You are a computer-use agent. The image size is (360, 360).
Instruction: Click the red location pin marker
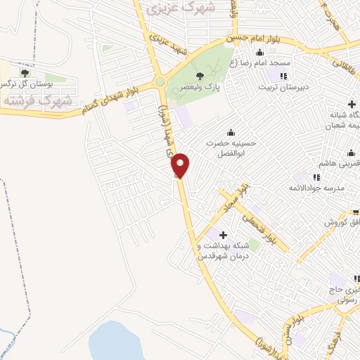click(x=181, y=165)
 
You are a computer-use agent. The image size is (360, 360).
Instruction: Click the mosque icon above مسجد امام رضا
click(x=259, y=52)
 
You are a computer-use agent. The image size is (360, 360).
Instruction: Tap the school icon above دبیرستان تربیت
click(x=284, y=76)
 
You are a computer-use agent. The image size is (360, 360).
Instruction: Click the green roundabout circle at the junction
click(x=160, y=82)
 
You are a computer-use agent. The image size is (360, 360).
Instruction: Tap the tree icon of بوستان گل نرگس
click(x=25, y=72)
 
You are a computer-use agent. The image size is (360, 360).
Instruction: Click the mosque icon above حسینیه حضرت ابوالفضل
click(x=231, y=132)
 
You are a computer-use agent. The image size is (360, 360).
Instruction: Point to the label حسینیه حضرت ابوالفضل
click(x=229, y=149)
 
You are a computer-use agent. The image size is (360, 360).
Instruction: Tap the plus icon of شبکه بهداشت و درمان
click(x=224, y=235)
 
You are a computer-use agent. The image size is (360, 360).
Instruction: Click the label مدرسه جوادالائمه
click(x=316, y=188)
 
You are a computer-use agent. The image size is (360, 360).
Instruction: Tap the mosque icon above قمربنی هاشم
click(x=352, y=153)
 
